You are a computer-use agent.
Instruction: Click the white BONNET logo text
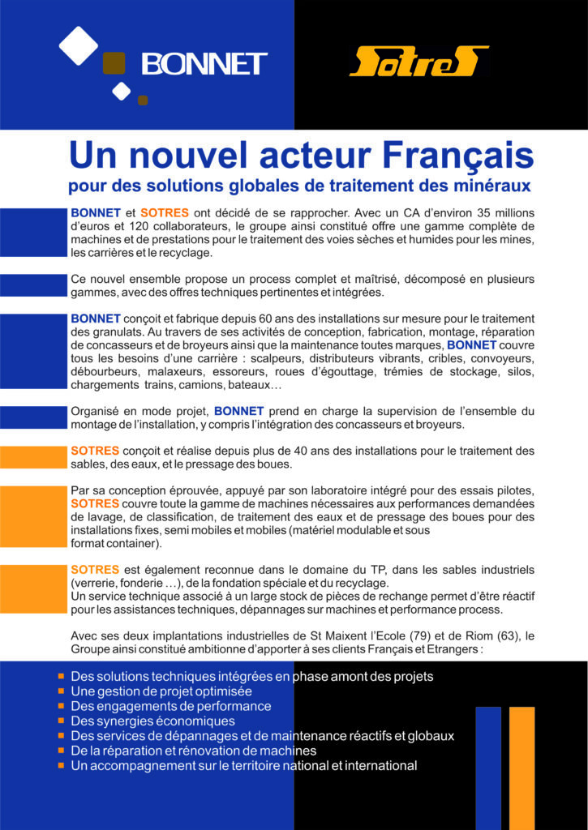click(x=204, y=63)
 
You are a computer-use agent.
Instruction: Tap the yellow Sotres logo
click(x=418, y=62)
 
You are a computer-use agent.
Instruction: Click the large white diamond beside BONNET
click(x=79, y=45)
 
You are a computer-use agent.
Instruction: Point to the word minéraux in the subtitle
click(x=490, y=186)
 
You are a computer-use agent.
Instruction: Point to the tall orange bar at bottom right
click(x=521, y=766)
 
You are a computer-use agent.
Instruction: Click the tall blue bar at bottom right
click(x=488, y=766)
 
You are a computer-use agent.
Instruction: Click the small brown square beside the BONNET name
click(x=114, y=63)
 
